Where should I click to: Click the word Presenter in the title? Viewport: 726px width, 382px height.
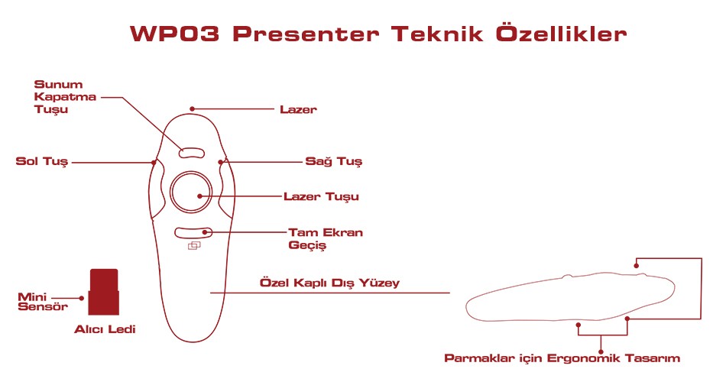[x=306, y=34]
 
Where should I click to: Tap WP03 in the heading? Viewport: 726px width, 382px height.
[x=174, y=34]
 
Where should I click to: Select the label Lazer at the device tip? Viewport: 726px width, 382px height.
[x=298, y=110]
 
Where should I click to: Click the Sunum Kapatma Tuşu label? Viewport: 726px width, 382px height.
[x=65, y=97]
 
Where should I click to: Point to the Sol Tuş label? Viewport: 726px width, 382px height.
[x=42, y=162]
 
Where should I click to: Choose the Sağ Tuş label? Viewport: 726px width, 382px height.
[x=333, y=162]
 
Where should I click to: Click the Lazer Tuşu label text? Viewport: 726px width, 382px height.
[x=321, y=197]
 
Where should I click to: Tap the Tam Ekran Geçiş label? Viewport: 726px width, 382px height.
[x=326, y=238]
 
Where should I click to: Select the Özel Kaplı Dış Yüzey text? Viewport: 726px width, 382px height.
[x=329, y=283]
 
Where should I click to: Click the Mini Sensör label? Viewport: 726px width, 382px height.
[x=43, y=302]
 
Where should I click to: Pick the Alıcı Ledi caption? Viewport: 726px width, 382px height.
[x=105, y=329]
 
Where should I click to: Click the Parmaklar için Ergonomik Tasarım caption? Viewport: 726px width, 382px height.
[x=562, y=358]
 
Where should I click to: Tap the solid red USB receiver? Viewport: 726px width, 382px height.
[x=104, y=292]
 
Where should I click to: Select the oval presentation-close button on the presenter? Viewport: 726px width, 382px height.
[x=191, y=153]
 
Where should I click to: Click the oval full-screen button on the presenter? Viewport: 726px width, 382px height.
[x=193, y=232]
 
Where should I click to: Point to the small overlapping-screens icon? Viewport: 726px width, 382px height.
[x=194, y=246]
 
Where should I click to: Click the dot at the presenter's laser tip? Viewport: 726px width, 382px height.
[x=192, y=109]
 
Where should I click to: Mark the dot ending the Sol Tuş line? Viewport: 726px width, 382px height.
[x=154, y=163]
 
